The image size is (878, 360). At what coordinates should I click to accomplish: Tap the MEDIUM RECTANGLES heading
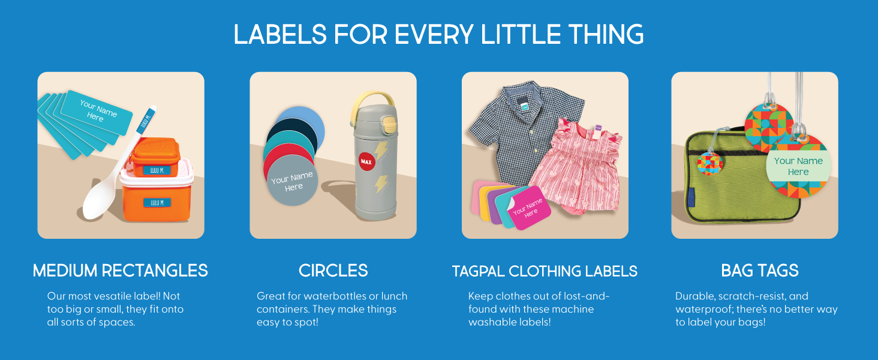pyautogui.click(x=121, y=271)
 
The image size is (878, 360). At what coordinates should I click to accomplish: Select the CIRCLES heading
pyautogui.click(x=333, y=271)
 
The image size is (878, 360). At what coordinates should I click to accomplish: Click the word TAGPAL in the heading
pyautogui.click(x=478, y=271)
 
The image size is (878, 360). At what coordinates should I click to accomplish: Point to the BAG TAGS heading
pyautogui.click(x=760, y=271)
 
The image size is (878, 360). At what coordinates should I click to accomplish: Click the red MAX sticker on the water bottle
pyautogui.click(x=366, y=161)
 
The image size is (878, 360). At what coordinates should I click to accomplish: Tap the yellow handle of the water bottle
pyautogui.click(x=372, y=106)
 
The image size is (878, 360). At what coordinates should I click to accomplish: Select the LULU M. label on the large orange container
pyautogui.click(x=157, y=202)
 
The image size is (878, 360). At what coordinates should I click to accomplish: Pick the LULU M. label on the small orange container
pyautogui.click(x=157, y=170)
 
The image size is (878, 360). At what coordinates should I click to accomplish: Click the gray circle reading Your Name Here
pyautogui.click(x=293, y=181)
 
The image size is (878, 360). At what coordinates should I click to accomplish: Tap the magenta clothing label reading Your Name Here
pyautogui.click(x=529, y=208)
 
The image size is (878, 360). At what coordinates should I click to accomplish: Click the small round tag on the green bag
pyautogui.click(x=710, y=164)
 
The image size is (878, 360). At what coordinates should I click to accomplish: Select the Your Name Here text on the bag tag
pyautogui.click(x=798, y=166)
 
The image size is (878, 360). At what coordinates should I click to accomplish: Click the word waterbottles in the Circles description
pyautogui.click(x=336, y=296)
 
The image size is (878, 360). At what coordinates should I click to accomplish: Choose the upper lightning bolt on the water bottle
pyautogui.click(x=381, y=151)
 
